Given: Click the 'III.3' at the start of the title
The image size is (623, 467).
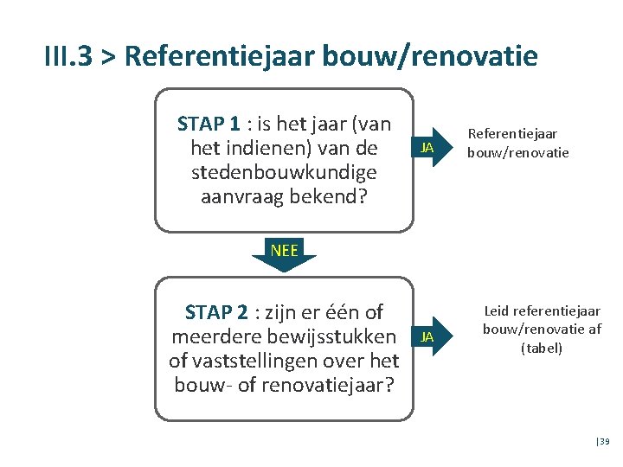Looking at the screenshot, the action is (70, 56).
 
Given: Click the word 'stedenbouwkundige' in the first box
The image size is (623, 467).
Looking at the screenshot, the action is (284, 173).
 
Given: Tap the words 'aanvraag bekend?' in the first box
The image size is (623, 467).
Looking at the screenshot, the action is (284, 197).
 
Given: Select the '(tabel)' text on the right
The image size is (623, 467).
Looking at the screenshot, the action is (542, 348).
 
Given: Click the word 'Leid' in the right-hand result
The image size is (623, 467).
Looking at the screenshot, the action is (497, 311).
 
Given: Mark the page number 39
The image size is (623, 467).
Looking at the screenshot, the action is (604, 442).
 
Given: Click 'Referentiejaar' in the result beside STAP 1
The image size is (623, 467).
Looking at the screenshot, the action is (513, 134).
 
